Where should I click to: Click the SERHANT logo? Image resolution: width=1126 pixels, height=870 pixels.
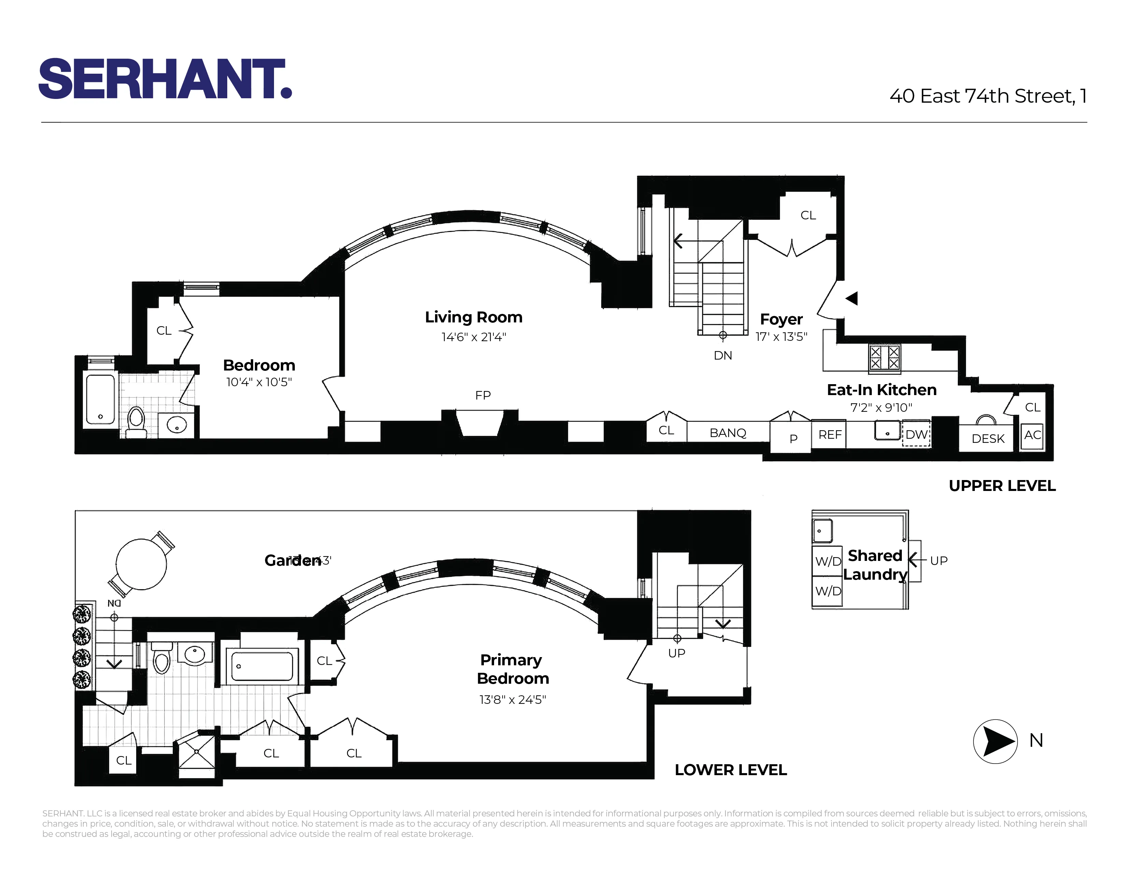[x=165, y=78]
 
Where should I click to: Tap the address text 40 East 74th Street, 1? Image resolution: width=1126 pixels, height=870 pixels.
[x=988, y=96]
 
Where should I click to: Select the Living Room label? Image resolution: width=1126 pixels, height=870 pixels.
[x=473, y=317]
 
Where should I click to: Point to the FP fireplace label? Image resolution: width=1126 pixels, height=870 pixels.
[x=482, y=395]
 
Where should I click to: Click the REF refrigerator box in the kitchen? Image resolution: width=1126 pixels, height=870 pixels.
[x=829, y=434]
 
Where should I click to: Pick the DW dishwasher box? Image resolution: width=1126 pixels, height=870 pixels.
[x=916, y=434]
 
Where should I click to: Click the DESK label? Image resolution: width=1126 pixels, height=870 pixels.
[x=987, y=439]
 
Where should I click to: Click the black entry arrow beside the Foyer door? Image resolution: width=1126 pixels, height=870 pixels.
[x=852, y=298]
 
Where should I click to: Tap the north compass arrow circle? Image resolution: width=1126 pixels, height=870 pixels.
[x=995, y=741]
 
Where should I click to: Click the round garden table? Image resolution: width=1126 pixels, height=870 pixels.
[x=141, y=564]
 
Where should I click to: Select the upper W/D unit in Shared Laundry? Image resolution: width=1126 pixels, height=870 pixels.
[x=827, y=561]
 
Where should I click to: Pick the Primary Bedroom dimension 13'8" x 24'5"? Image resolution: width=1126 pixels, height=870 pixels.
[x=513, y=699]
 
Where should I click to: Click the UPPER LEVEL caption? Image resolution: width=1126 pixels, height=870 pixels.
[x=1002, y=485]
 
